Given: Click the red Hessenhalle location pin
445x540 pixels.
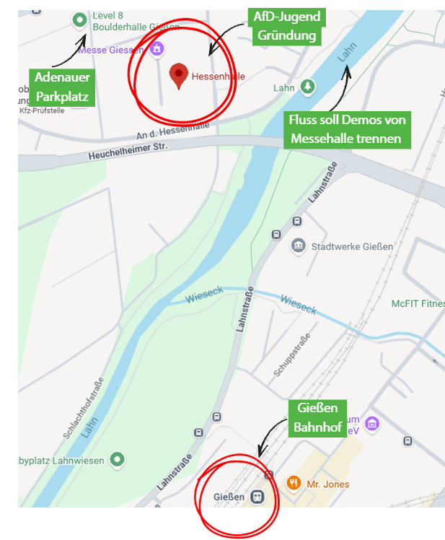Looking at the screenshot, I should pos(178,74).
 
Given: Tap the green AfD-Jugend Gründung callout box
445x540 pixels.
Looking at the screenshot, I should pos(286,26).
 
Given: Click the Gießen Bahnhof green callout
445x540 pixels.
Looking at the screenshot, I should pos(317,418).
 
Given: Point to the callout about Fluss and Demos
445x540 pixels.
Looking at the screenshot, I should pos(347,129).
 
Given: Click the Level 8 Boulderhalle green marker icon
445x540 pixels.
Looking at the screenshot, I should pos(79,20).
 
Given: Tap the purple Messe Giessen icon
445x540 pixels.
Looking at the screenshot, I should pos(156,50).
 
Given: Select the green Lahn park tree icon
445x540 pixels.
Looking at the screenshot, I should pos(308,87).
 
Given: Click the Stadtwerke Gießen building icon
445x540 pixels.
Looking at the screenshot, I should pos(298,246).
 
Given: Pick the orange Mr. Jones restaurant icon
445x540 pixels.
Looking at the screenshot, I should pos(294,483).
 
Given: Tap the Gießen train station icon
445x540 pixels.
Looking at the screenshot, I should pos(257,497).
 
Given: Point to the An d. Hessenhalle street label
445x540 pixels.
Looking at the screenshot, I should pos(172,131).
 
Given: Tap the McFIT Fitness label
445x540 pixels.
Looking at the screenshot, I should pos(418,304).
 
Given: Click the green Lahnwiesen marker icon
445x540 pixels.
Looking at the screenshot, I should pos(117,459).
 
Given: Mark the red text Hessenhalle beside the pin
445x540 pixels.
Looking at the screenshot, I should pos(218,75).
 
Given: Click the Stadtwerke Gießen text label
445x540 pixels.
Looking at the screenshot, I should pos(352,246).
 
